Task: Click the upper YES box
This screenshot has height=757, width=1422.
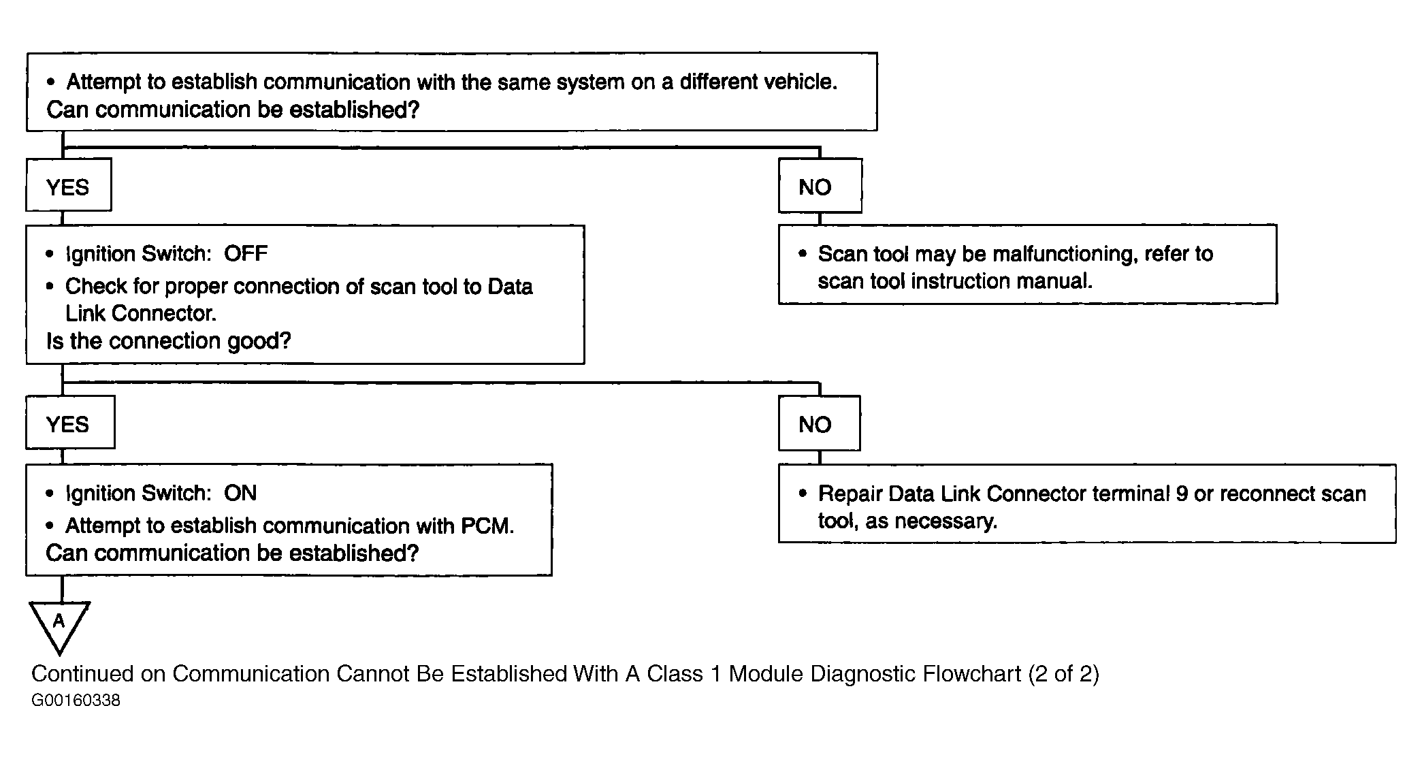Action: point(69,185)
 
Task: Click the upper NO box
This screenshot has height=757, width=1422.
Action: point(820,186)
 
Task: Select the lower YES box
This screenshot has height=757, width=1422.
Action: point(70,423)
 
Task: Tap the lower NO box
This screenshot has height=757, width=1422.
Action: point(820,423)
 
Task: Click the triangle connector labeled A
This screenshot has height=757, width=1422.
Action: point(60,626)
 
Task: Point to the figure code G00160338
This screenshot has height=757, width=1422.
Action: point(76,700)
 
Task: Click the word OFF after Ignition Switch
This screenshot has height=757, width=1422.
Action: point(246,254)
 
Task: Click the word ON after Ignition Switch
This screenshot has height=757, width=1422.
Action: point(240,493)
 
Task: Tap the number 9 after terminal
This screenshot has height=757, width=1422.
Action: point(1182,494)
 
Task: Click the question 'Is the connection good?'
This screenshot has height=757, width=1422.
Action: point(169,340)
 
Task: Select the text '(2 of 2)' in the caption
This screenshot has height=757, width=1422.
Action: point(1064,674)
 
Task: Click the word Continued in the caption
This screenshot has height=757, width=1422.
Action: point(83,674)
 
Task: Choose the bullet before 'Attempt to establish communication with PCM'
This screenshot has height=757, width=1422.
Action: point(50,526)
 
